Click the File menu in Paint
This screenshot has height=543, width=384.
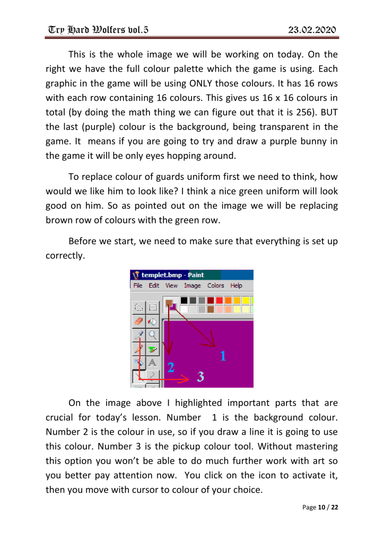(x=138, y=286)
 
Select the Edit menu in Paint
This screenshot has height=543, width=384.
(x=154, y=286)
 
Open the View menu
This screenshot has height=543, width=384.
(x=171, y=286)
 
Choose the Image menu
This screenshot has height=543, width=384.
(x=193, y=286)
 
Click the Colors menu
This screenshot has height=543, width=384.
(x=216, y=286)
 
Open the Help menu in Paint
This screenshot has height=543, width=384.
(x=236, y=286)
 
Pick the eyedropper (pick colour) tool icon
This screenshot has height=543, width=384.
(x=139, y=334)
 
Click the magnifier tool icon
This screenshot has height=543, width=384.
(x=153, y=334)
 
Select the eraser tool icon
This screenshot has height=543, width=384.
(x=139, y=321)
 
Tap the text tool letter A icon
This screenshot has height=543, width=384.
(x=153, y=362)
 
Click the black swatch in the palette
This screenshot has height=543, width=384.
(x=184, y=300)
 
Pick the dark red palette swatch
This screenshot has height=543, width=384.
(x=211, y=300)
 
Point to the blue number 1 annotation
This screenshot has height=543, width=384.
(x=223, y=356)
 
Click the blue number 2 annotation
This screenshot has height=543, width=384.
(x=171, y=367)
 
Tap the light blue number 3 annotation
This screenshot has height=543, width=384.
(x=200, y=376)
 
